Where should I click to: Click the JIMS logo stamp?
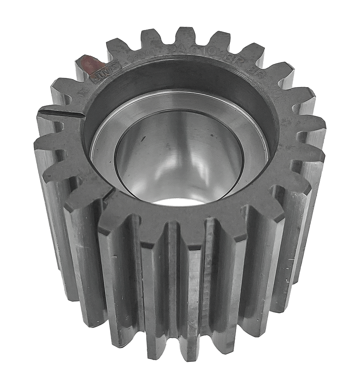(107, 71)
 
